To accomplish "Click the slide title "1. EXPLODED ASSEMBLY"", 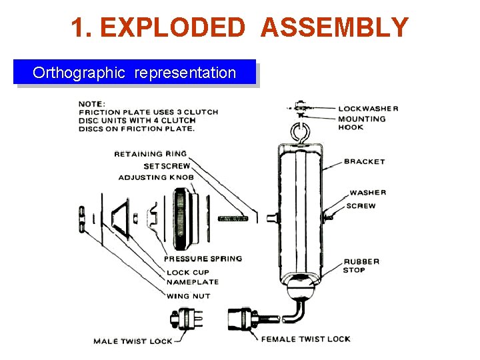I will pyautogui.click(x=239, y=27).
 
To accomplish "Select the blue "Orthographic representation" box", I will pyautogui.click(x=134, y=72).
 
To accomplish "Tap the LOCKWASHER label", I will pyautogui.click(x=368, y=109).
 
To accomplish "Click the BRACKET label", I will pyautogui.click(x=364, y=161).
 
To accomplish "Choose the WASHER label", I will pyautogui.click(x=367, y=193).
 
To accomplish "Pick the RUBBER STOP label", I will pyautogui.click(x=361, y=265).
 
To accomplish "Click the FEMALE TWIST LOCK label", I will pyautogui.click(x=305, y=339).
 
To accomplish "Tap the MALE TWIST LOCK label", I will pyautogui.click(x=133, y=341).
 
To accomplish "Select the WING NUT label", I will pyautogui.click(x=188, y=296).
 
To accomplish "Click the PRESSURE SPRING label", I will pyautogui.click(x=203, y=259).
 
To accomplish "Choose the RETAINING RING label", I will pyautogui.click(x=150, y=154).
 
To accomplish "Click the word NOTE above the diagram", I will pyautogui.click(x=91, y=103).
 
